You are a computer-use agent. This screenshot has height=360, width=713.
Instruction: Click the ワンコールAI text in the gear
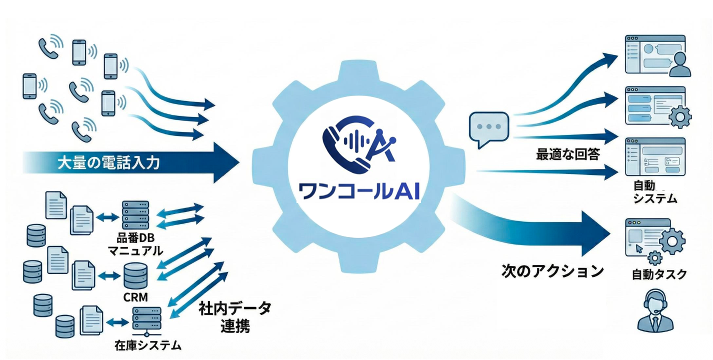(x=358, y=190)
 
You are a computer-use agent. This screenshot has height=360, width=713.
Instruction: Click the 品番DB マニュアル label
(x=136, y=242)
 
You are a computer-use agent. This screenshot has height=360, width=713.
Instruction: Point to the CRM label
(x=135, y=297)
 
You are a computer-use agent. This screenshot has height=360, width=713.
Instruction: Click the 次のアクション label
(x=552, y=271)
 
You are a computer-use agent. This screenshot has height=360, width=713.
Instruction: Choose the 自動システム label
(x=654, y=192)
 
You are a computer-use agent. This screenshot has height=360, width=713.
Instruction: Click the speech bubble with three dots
(x=488, y=128)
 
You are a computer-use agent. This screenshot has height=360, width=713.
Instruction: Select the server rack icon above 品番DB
(x=135, y=214)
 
